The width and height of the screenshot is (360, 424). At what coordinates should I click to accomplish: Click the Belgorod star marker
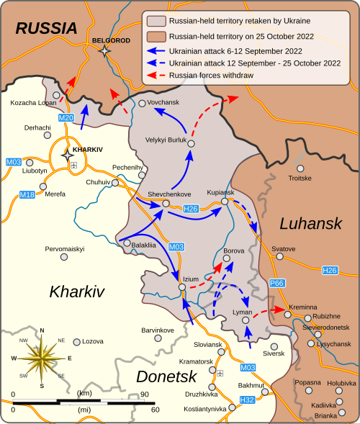pyautogui.click(x=105, y=51)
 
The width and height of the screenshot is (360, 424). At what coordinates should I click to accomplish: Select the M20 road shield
pyautogui.click(x=66, y=117)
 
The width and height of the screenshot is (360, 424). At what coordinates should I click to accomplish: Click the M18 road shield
pyautogui.click(x=27, y=194)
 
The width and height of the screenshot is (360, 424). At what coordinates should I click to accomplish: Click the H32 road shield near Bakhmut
pyautogui.click(x=246, y=399)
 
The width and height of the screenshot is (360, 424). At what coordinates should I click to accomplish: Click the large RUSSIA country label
pyautogui.click(x=46, y=28)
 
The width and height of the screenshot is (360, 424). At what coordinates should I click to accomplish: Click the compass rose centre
pyautogui.click(x=42, y=357)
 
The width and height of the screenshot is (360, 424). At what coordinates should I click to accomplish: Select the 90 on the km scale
pyautogui.click(x=144, y=394)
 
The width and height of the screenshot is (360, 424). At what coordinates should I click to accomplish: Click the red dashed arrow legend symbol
pyautogui.click(x=161, y=75)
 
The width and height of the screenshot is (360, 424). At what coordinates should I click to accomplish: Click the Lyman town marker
pyautogui.click(x=246, y=320)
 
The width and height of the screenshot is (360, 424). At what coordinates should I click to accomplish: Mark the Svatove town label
pyautogui.click(x=284, y=248)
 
